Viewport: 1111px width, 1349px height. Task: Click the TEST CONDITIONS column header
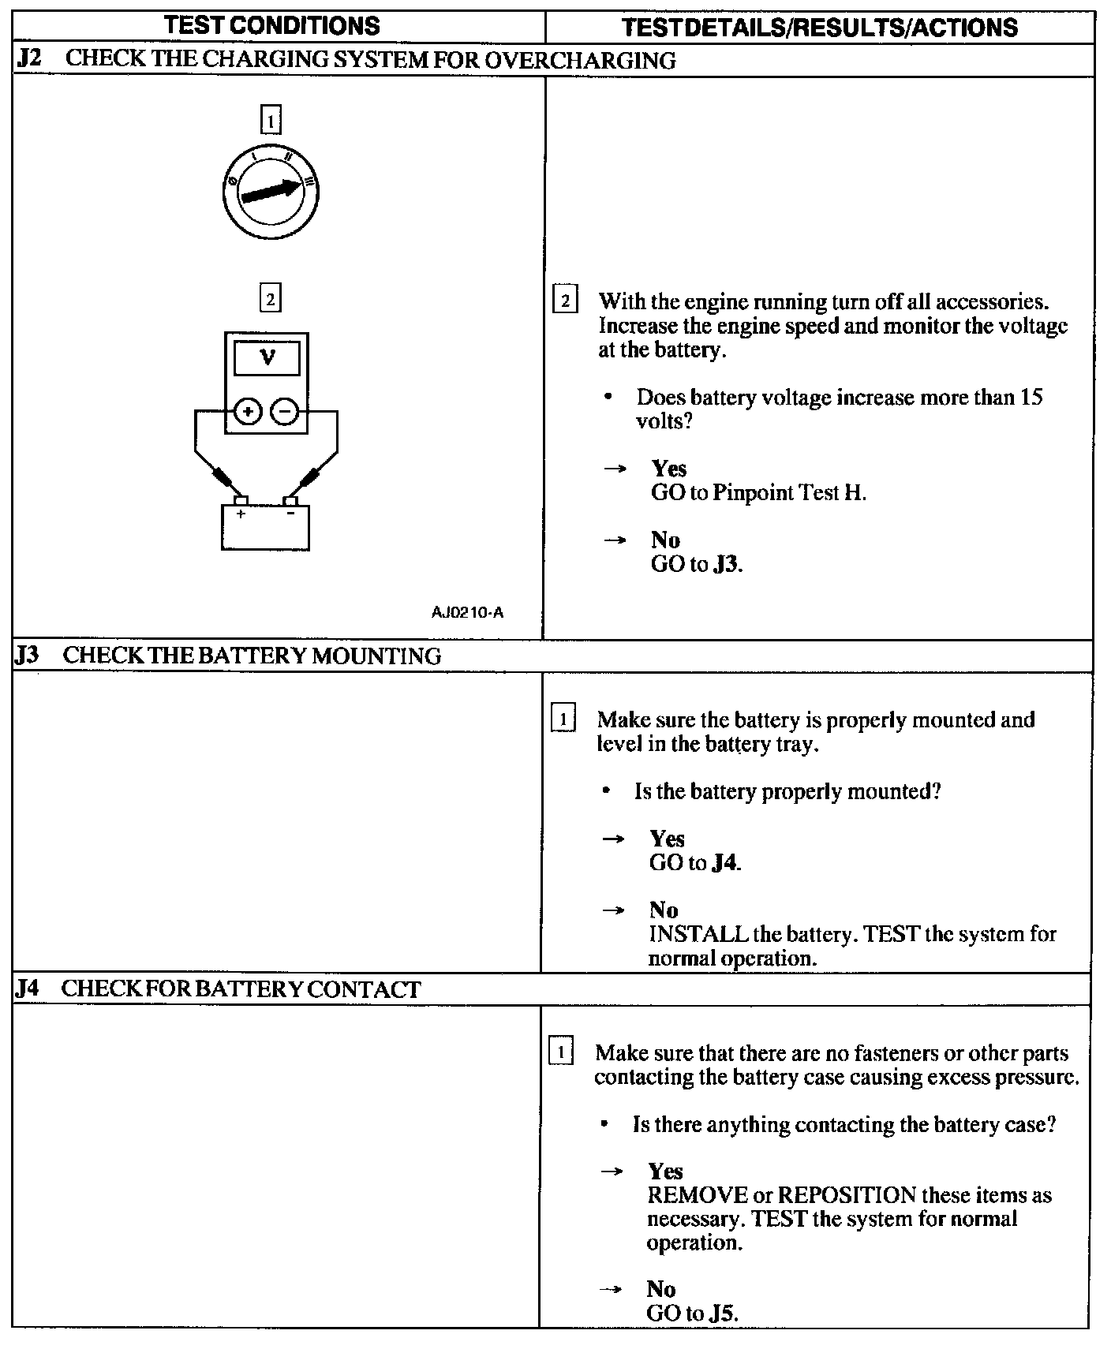(x=272, y=26)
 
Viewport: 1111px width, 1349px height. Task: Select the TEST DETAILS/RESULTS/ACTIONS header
(x=819, y=28)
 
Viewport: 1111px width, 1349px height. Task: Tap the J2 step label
(x=28, y=60)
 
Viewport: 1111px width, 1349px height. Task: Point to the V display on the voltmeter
(x=267, y=358)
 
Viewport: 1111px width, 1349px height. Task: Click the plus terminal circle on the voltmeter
(x=247, y=411)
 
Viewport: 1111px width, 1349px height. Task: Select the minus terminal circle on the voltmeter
(x=285, y=411)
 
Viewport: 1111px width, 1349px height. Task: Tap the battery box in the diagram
(x=265, y=527)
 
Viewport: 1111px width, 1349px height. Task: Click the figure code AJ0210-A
(x=467, y=611)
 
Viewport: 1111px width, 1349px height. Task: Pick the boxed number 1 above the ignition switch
(x=270, y=121)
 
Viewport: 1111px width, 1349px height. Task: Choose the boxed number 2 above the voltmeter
(x=270, y=300)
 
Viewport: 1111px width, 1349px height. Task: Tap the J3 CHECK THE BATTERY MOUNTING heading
(x=227, y=656)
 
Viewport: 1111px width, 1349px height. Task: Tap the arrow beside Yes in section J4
(x=612, y=1171)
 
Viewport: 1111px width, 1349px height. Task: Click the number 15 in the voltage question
(x=1031, y=397)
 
